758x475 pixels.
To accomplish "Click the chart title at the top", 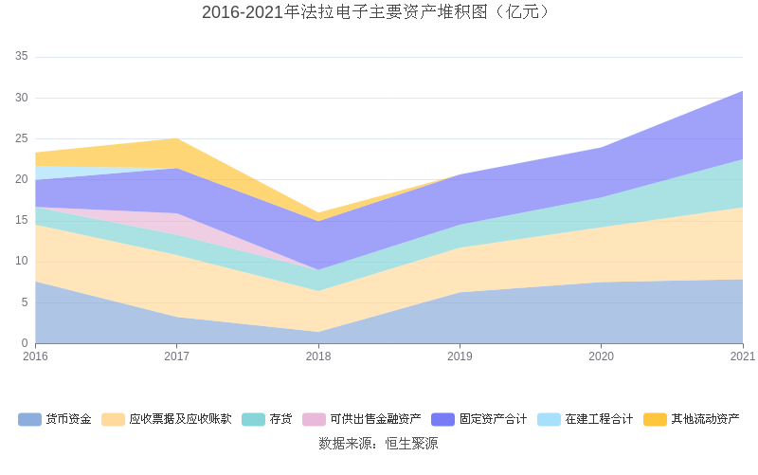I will pyautogui.click(x=378, y=12).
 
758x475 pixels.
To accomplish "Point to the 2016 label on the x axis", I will pyautogui.click(x=35, y=356).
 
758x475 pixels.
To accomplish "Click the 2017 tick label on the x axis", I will pyautogui.click(x=176, y=356).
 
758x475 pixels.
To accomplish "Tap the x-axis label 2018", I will pyautogui.click(x=318, y=356).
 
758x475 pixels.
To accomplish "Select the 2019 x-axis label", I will pyautogui.click(x=460, y=356).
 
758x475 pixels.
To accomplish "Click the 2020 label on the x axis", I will pyautogui.click(x=601, y=356).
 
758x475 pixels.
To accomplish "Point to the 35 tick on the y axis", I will pyautogui.click(x=22, y=57).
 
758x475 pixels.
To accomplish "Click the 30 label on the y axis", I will pyautogui.click(x=22, y=98).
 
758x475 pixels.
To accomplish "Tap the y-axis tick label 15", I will pyautogui.click(x=22, y=220).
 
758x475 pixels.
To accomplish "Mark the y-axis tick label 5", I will pyautogui.click(x=25, y=302).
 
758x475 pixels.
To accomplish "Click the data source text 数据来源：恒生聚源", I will pyautogui.click(x=378, y=443).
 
